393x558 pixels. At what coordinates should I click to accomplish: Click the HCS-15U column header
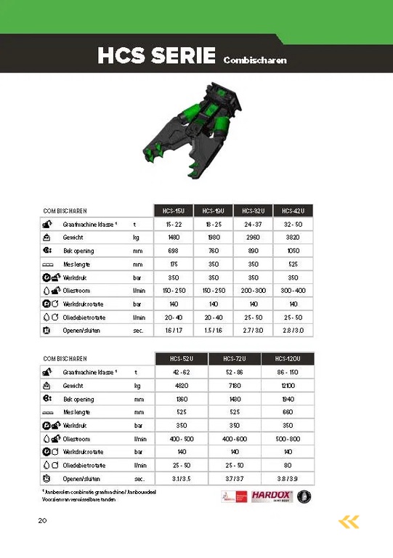174,211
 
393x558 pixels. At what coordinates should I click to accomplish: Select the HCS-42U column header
293,211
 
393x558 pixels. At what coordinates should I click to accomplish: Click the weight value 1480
174,237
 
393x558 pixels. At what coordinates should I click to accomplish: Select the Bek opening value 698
174,251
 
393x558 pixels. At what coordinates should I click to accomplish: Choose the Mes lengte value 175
174,264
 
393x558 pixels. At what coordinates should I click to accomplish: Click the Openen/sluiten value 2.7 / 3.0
253,331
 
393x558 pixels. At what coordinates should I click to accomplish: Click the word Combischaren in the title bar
255,60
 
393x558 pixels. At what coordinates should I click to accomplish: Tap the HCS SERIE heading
156,55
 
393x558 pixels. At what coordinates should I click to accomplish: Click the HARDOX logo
272,497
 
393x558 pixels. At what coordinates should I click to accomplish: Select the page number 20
42,520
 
